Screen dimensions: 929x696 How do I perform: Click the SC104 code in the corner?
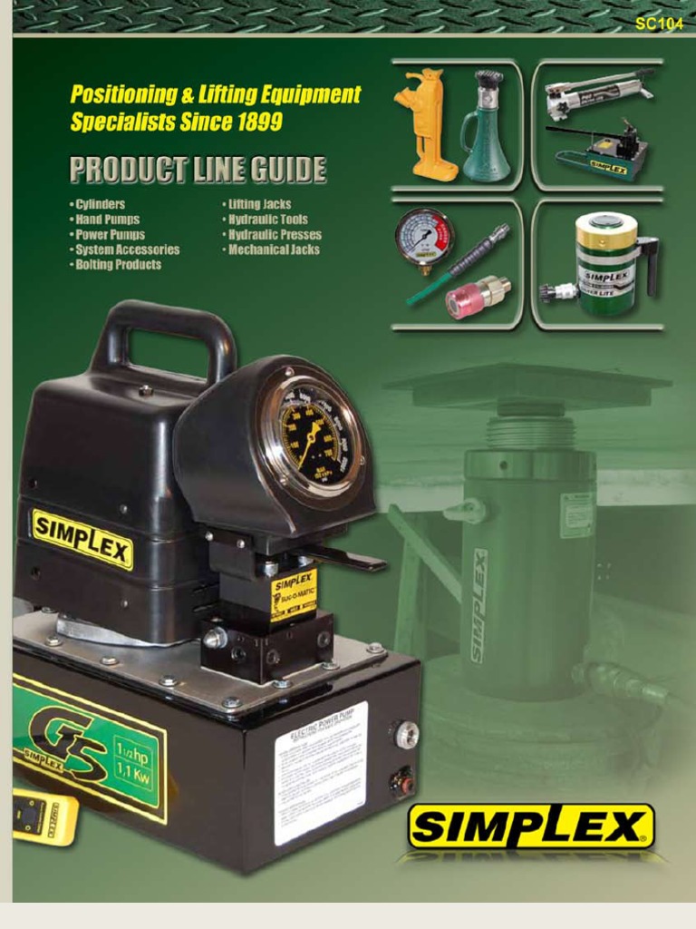pos(659,24)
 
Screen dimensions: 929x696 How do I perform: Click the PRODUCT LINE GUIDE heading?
pos(198,170)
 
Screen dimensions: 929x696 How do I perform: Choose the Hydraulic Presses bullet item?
pos(273,234)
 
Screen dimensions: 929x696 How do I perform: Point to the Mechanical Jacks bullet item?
pos(272,249)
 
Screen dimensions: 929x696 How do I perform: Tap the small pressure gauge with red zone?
pos(423,238)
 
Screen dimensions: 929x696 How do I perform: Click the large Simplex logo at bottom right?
pos(531,826)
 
